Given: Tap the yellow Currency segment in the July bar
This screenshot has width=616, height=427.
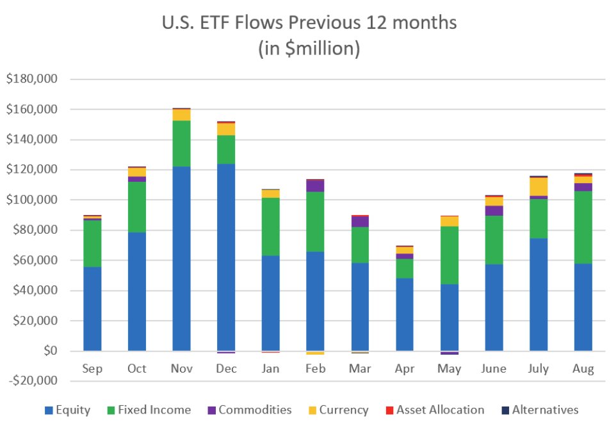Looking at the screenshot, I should point(538,186).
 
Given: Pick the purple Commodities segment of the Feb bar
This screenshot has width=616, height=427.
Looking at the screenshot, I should point(315,186).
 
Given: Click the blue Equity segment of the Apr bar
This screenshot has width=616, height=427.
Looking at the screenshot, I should point(404,314).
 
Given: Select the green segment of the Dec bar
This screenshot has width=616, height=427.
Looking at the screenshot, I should point(226,149).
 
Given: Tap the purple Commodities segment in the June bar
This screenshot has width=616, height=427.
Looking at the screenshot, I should point(494,211).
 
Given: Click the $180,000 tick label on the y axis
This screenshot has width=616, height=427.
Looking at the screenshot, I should point(31,79).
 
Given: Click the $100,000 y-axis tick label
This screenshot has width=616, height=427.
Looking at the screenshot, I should point(31,200).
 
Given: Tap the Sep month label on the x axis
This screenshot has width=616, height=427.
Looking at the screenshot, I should point(92,369).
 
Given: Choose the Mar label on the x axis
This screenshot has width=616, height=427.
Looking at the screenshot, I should point(360,369).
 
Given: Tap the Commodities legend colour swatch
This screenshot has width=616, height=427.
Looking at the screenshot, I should point(211,410).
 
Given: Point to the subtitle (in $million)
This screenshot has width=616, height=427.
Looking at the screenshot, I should point(309,49).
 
